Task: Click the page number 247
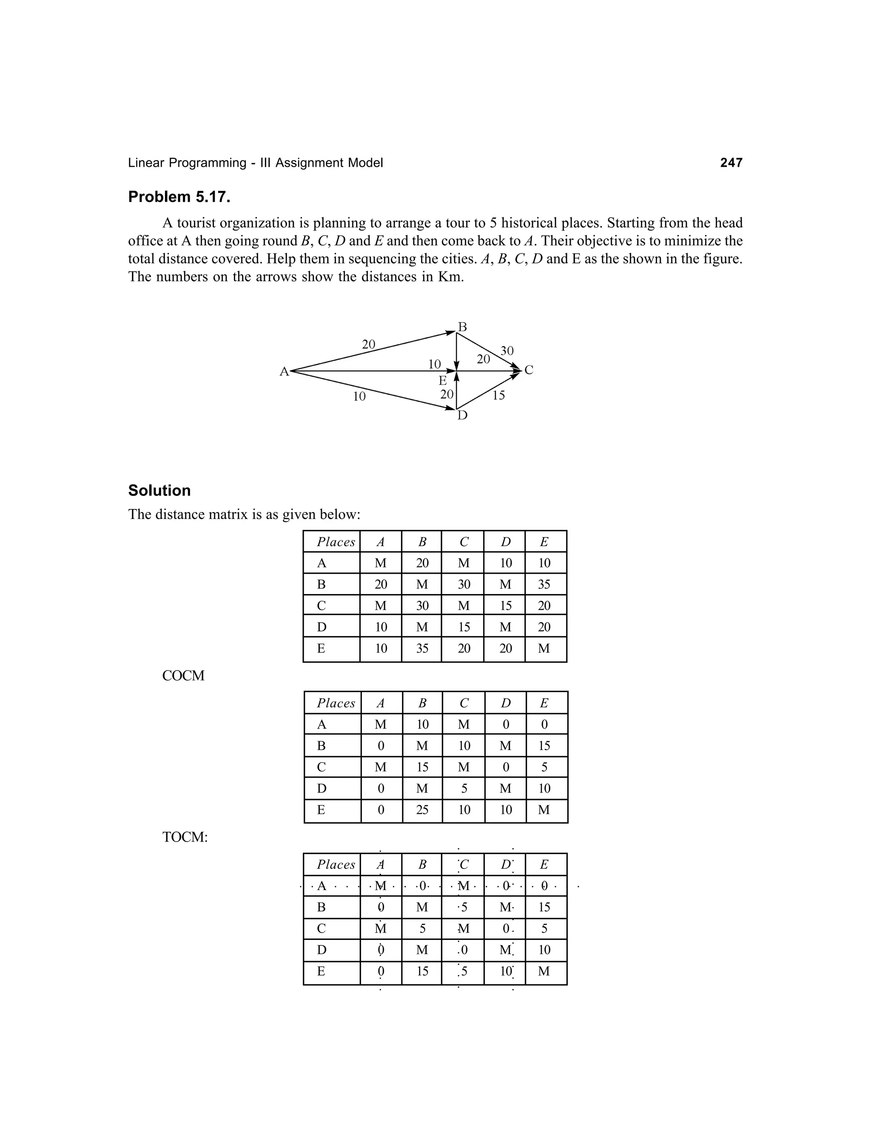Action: coord(731,162)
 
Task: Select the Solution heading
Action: coord(159,490)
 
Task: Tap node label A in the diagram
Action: coord(284,372)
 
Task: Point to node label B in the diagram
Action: coord(462,327)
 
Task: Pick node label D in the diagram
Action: coord(462,416)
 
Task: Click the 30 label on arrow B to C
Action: coord(507,351)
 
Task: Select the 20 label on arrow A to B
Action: coord(368,344)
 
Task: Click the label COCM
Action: coord(183,675)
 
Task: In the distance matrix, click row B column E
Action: coord(544,584)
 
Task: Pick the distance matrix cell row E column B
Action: coord(422,649)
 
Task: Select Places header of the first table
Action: coord(336,542)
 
